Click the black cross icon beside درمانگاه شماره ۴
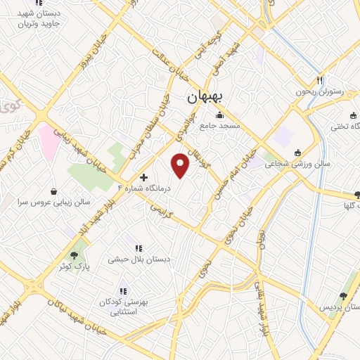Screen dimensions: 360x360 [x=144, y=178]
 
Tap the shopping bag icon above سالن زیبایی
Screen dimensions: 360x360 [x=54, y=191]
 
